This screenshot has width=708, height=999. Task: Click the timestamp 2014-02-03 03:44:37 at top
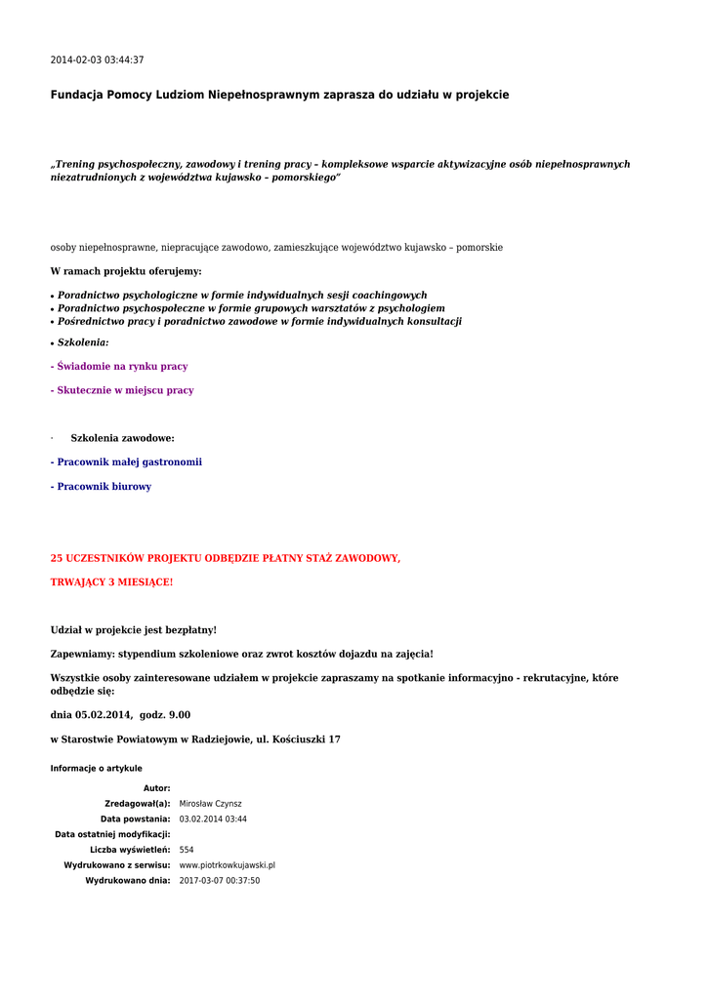97,60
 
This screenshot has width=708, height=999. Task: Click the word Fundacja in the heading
77,95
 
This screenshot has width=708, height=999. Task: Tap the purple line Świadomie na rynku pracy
119,367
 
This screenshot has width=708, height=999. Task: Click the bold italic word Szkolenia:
83,343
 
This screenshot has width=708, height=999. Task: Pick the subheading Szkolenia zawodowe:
122,439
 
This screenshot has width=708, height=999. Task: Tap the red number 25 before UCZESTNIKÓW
57,559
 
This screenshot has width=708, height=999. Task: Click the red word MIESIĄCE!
145,582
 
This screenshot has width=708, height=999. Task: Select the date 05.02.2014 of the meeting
104,715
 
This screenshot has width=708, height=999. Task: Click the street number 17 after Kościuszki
334,739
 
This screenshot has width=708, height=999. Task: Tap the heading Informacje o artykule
96,769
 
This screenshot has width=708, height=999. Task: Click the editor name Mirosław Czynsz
210,804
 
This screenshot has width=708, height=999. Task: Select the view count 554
187,850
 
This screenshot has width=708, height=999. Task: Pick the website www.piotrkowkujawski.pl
227,865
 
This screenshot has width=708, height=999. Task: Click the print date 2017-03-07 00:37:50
219,881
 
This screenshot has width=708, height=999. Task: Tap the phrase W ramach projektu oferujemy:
126,271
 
